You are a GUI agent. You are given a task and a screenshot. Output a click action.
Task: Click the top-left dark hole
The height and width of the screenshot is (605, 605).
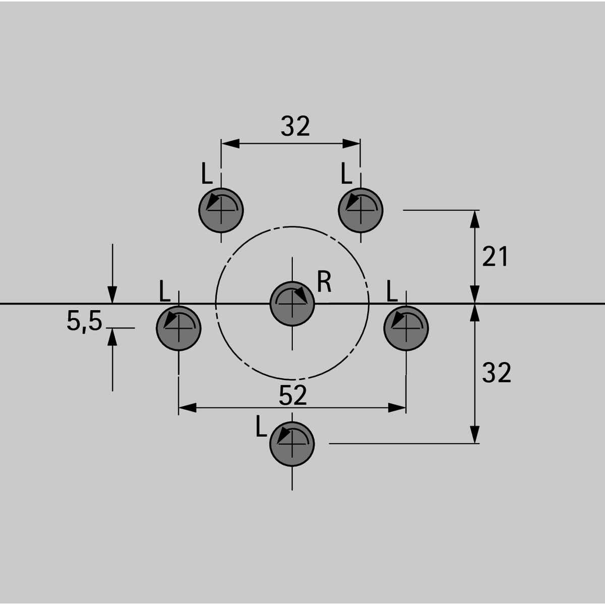point(221,210)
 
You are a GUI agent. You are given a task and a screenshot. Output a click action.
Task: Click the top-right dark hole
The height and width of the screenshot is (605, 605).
point(360,210)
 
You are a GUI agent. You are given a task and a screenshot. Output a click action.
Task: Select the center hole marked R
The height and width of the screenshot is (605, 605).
point(292,304)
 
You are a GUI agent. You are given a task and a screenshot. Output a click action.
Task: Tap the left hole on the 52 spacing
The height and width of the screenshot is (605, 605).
point(178,328)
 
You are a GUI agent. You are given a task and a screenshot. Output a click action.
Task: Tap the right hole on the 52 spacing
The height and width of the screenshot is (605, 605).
point(406,328)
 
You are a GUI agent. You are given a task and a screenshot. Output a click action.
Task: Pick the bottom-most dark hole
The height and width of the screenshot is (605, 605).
point(292,444)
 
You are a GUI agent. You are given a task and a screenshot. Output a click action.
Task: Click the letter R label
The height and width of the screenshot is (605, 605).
point(324,281)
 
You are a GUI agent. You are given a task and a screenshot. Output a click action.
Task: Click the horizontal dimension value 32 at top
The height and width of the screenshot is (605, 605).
point(295,126)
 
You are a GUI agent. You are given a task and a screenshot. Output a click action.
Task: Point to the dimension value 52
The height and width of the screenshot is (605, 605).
point(292,395)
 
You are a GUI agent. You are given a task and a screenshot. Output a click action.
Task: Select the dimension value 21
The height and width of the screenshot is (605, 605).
point(495,256)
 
